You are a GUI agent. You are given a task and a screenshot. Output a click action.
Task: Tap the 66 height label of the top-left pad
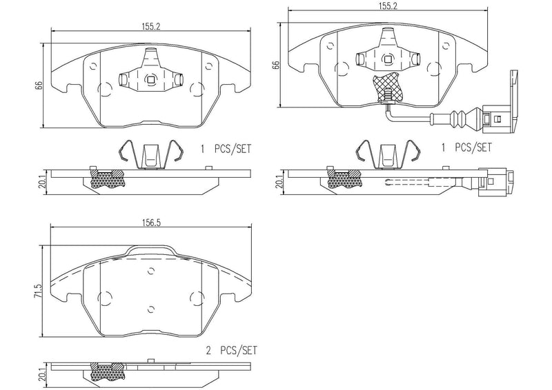40,85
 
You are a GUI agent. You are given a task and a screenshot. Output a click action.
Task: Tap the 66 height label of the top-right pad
276,66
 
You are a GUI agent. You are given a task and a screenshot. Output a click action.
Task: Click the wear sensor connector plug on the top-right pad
498,118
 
